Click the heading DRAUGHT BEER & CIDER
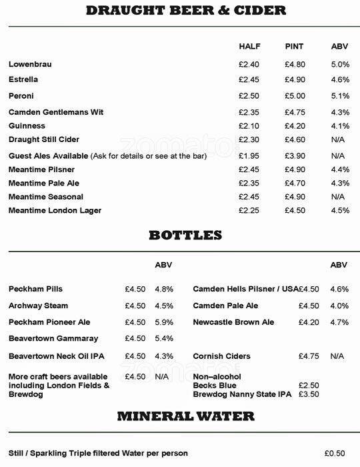(x=186, y=10)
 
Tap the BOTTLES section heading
(x=185, y=235)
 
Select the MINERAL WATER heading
(x=186, y=416)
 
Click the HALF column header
(x=249, y=47)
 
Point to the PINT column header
(x=294, y=47)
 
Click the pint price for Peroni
(x=295, y=96)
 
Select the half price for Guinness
(x=249, y=126)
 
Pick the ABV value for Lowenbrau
(x=340, y=65)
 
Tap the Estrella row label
(x=23, y=79)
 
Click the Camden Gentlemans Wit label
(x=56, y=112)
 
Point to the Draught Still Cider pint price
(x=295, y=139)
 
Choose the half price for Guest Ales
(x=249, y=156)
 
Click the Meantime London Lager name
(x=55, y=211)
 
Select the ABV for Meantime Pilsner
(x=340, y=169)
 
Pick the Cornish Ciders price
(x=309, y=356)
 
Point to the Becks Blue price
(x=309, y=386)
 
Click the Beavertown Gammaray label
(x=53, y=339)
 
